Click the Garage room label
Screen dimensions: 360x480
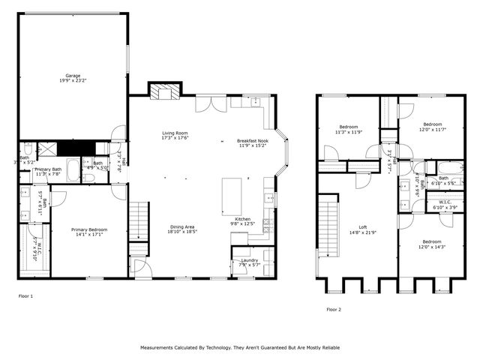[x=73, y=78]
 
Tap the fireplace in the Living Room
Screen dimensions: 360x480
[x=164, y=91]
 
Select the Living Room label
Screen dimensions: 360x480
[x=174, y=136]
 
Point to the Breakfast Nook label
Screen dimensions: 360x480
[x=252, y=142]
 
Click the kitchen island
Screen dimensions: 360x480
[x=232, y=195]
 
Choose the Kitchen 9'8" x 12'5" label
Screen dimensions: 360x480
[x=242, y=220]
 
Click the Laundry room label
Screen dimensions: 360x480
[x=250, y=262]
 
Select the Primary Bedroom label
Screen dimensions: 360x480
[x=88, y=232]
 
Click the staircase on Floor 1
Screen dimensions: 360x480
[x=139, y=222]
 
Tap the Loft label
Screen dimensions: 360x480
[x=362, y=229]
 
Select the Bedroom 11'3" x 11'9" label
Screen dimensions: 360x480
[x=349, y=129]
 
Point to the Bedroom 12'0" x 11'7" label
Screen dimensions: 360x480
[x=432, y=127]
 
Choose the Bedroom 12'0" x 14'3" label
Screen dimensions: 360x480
[x=432, y=244]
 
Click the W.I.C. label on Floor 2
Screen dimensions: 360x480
[x=442, y=203]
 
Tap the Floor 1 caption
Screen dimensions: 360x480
[x=25, y=296]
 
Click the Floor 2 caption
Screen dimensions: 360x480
[x=333, y=309]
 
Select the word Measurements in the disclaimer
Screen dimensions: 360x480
[x=160, y=348]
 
